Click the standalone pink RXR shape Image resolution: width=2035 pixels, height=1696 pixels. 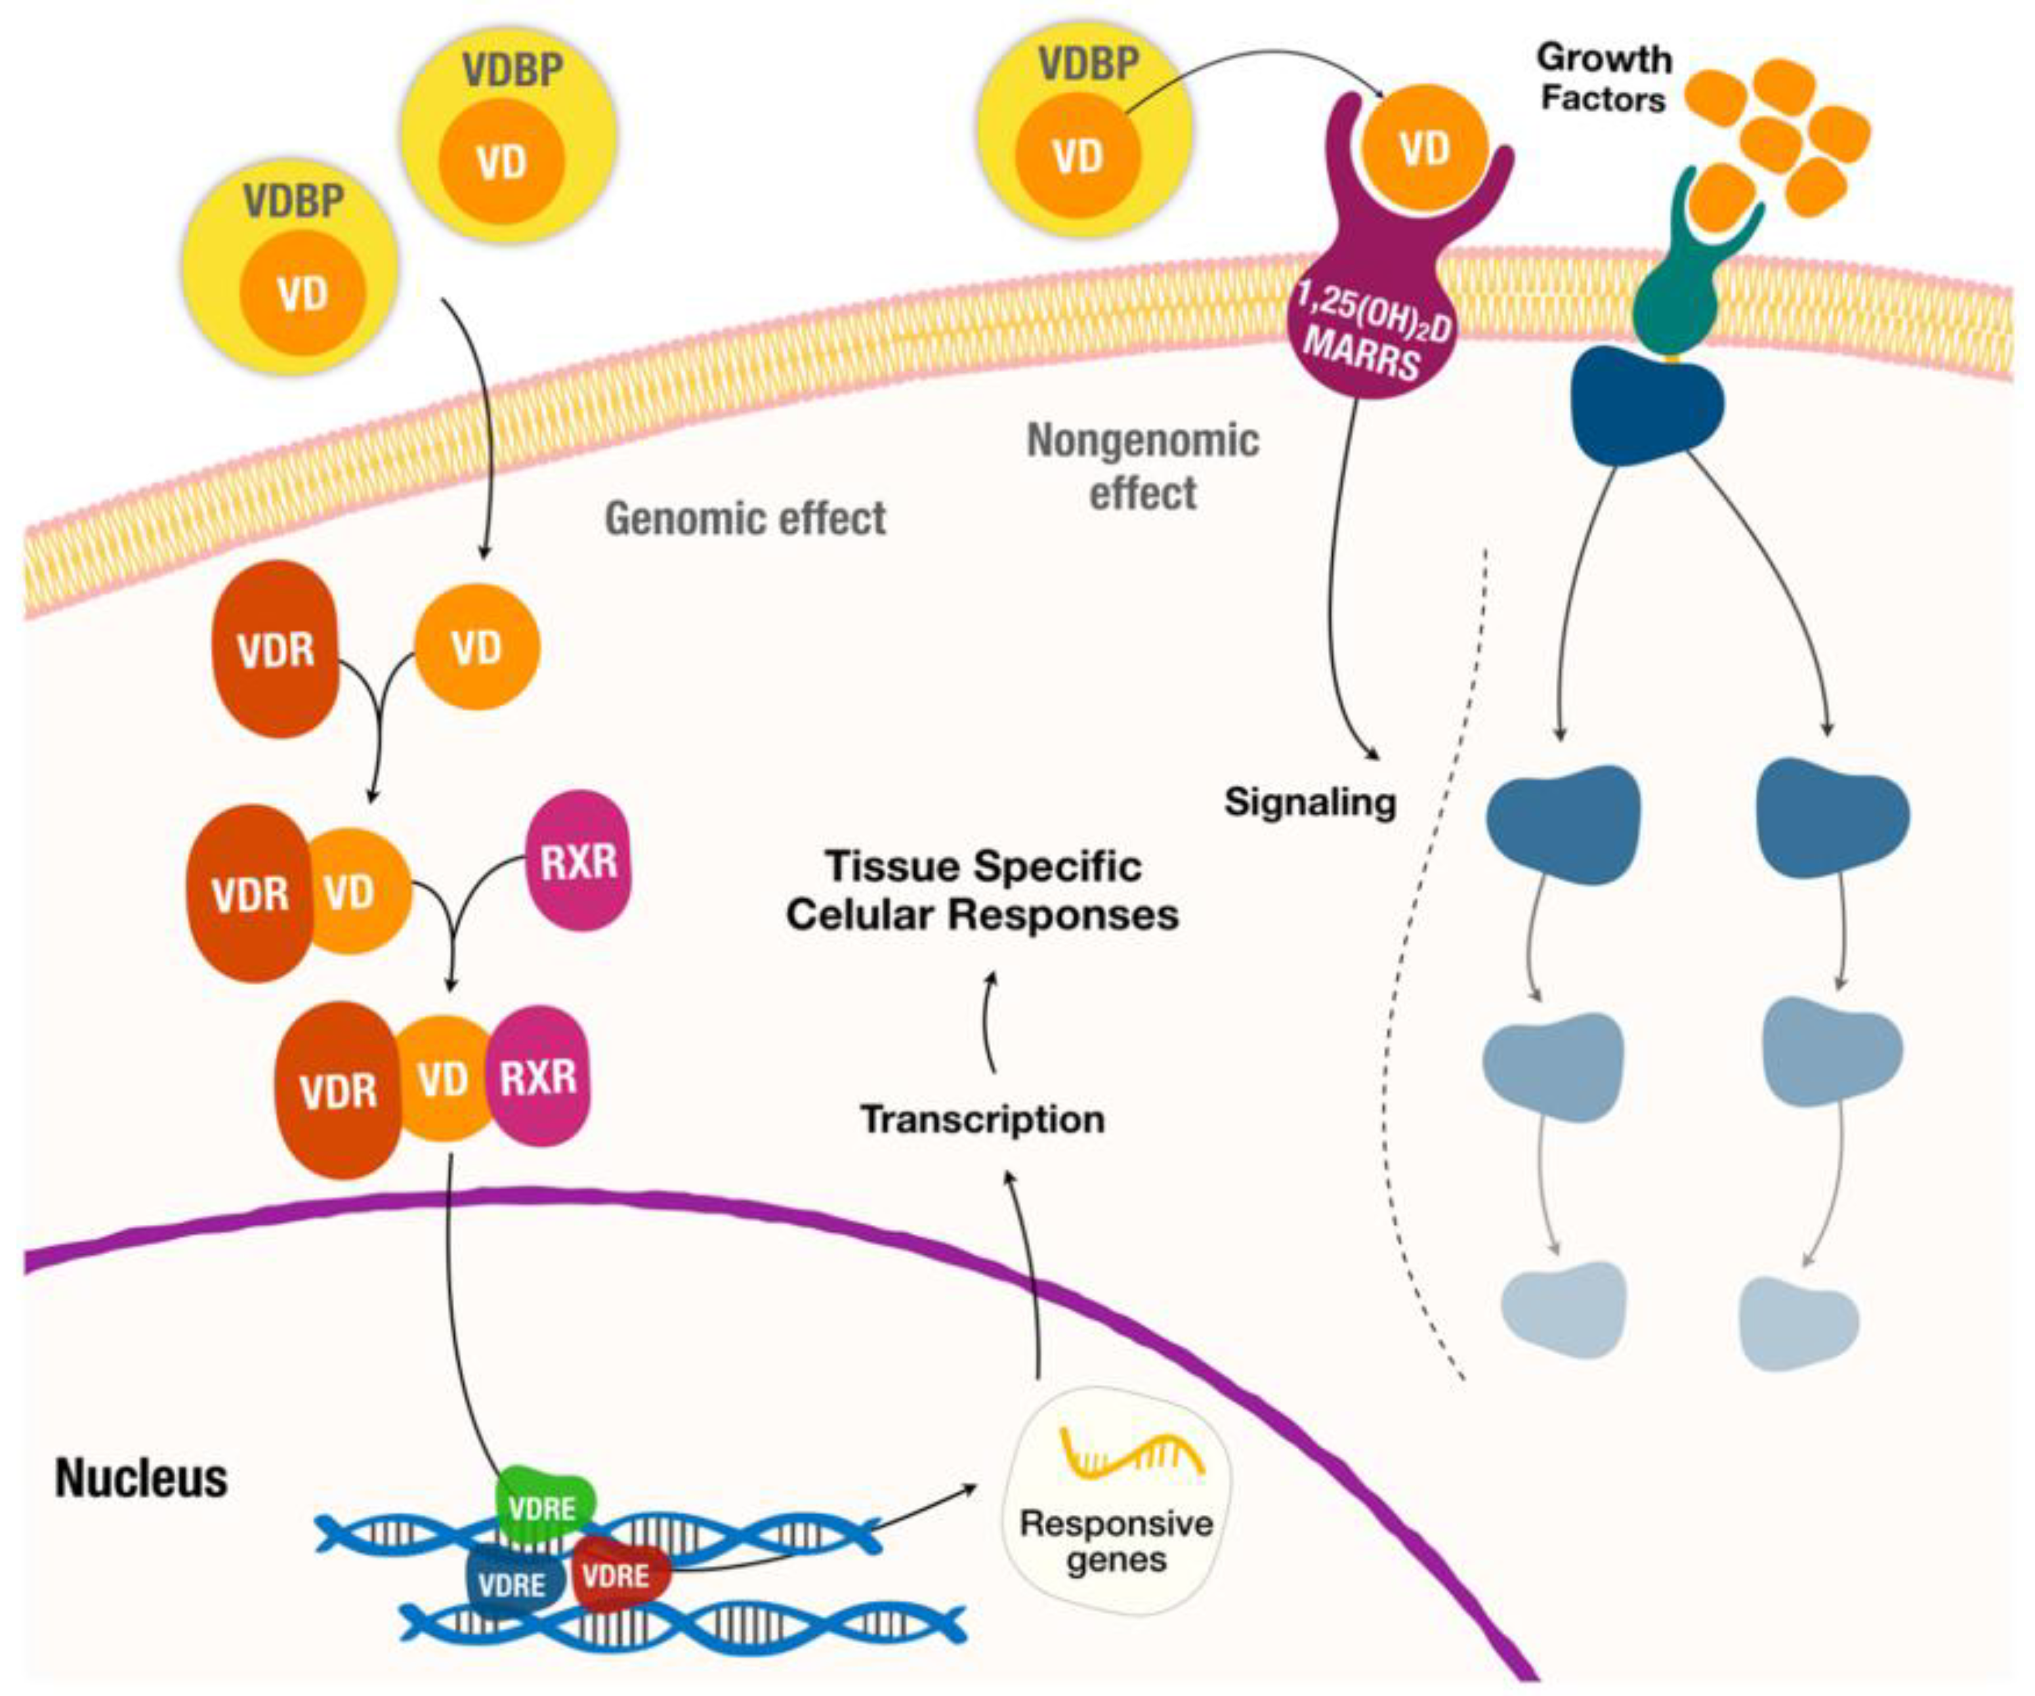click(x=579, y=860)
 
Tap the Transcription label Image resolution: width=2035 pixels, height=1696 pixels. click(x=982, y=1119)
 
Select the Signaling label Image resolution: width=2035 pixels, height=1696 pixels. click(x=1310, y=803)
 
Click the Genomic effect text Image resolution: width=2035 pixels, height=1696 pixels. click(x=745, y=519)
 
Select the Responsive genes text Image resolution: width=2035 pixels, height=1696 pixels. click(x=1116, y=1541)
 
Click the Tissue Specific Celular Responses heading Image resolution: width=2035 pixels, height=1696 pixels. click(x=982, y=889)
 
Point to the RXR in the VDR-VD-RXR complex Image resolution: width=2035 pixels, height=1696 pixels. click(x=538, y=1076)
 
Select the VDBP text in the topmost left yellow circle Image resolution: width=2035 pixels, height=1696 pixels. click(x=513, y=70)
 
